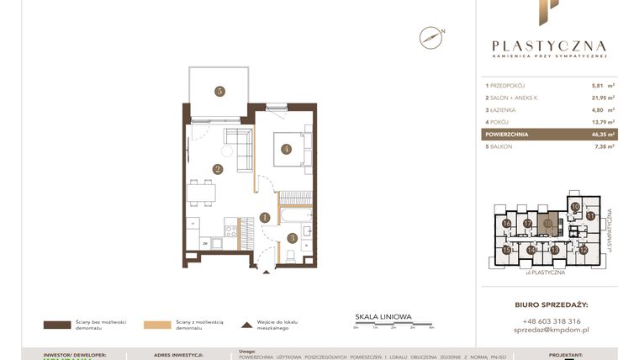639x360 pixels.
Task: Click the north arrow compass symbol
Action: pos(431,37)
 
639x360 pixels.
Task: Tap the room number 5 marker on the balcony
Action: pos(219,91)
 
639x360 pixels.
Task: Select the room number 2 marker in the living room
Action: pos(217,168)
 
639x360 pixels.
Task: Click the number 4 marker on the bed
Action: pos(287,150)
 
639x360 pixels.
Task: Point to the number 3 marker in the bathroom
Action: pos(292,238)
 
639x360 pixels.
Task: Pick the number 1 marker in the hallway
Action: pos(265,217)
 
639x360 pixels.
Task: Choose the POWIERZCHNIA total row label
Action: pos(507,134)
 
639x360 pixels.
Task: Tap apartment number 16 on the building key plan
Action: pos(507,224)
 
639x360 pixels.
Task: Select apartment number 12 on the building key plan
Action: pos(583,250)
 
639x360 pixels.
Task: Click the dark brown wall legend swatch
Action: pos(58,324)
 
